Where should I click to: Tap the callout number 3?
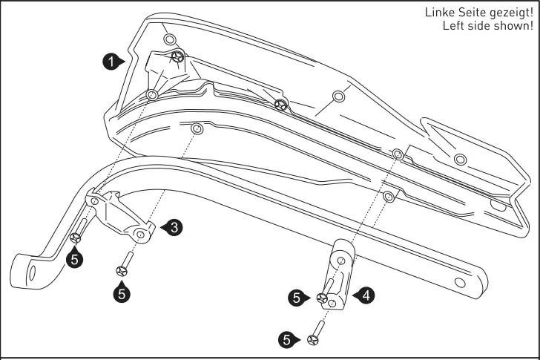[172, 228]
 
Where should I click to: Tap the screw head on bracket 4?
[323, 298]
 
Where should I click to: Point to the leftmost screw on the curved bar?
[76, 238]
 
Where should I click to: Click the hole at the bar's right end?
[460, 283]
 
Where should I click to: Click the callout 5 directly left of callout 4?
[297, 298]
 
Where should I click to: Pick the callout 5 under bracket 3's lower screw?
[121, 292]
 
